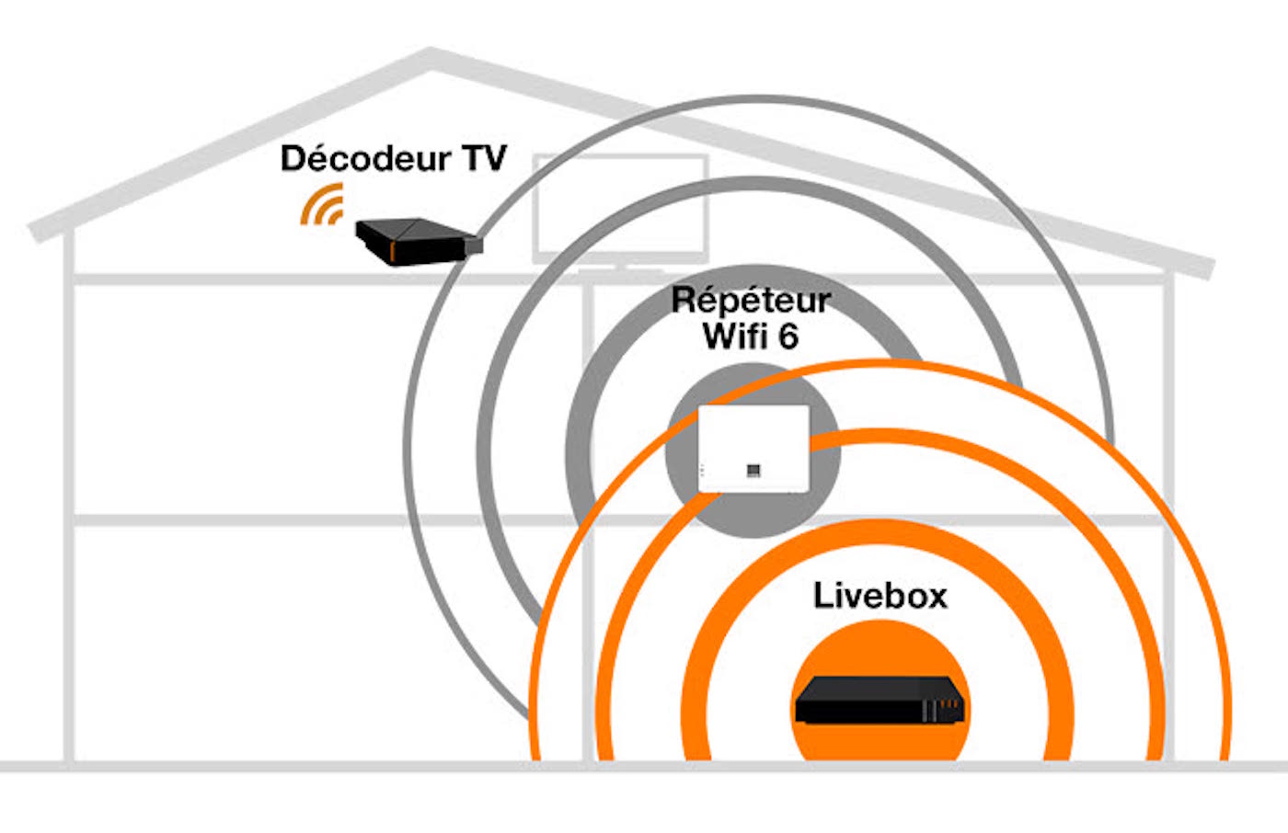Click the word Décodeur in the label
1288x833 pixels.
[x=365, y=158]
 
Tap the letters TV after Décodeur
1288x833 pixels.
[x=484, y=158]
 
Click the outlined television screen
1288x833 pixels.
[x=620, y=208]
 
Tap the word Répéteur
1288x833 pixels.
[x=751, y=300]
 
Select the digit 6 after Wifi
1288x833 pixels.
[x=788, y=337]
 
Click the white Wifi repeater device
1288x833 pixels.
[x=753, y=448]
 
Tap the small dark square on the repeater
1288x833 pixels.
[x=753, y=471]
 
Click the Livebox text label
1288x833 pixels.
[x=880, y=596]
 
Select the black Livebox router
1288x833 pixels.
[x=879, y=701]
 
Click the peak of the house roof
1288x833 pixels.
[x=431, y=57]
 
